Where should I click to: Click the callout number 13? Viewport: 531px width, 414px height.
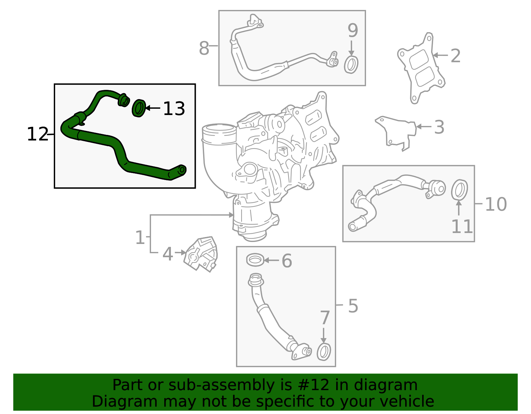point(174,109)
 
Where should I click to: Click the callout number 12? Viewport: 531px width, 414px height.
point(37,134)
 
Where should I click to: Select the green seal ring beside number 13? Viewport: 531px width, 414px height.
point(139,108)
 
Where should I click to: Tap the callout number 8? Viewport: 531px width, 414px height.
point(204,48)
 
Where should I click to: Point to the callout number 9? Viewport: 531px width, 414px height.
point(353,30)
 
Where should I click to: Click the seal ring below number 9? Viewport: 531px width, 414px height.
point(351,65)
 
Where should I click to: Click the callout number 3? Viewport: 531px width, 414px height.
point(439,127)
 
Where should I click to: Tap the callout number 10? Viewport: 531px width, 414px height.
point(495,204)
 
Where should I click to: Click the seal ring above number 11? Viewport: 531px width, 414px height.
point(459,190)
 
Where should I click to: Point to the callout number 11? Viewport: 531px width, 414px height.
point(462,227)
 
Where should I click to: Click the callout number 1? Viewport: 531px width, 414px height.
point(140,238)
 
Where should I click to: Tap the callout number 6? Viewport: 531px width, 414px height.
point(287,261)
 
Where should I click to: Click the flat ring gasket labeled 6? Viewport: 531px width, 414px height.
point(256,260)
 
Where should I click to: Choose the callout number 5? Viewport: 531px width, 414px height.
point(353,306)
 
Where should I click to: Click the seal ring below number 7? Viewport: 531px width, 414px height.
point(324,352)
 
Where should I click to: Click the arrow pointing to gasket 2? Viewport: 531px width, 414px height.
point(440,55)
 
